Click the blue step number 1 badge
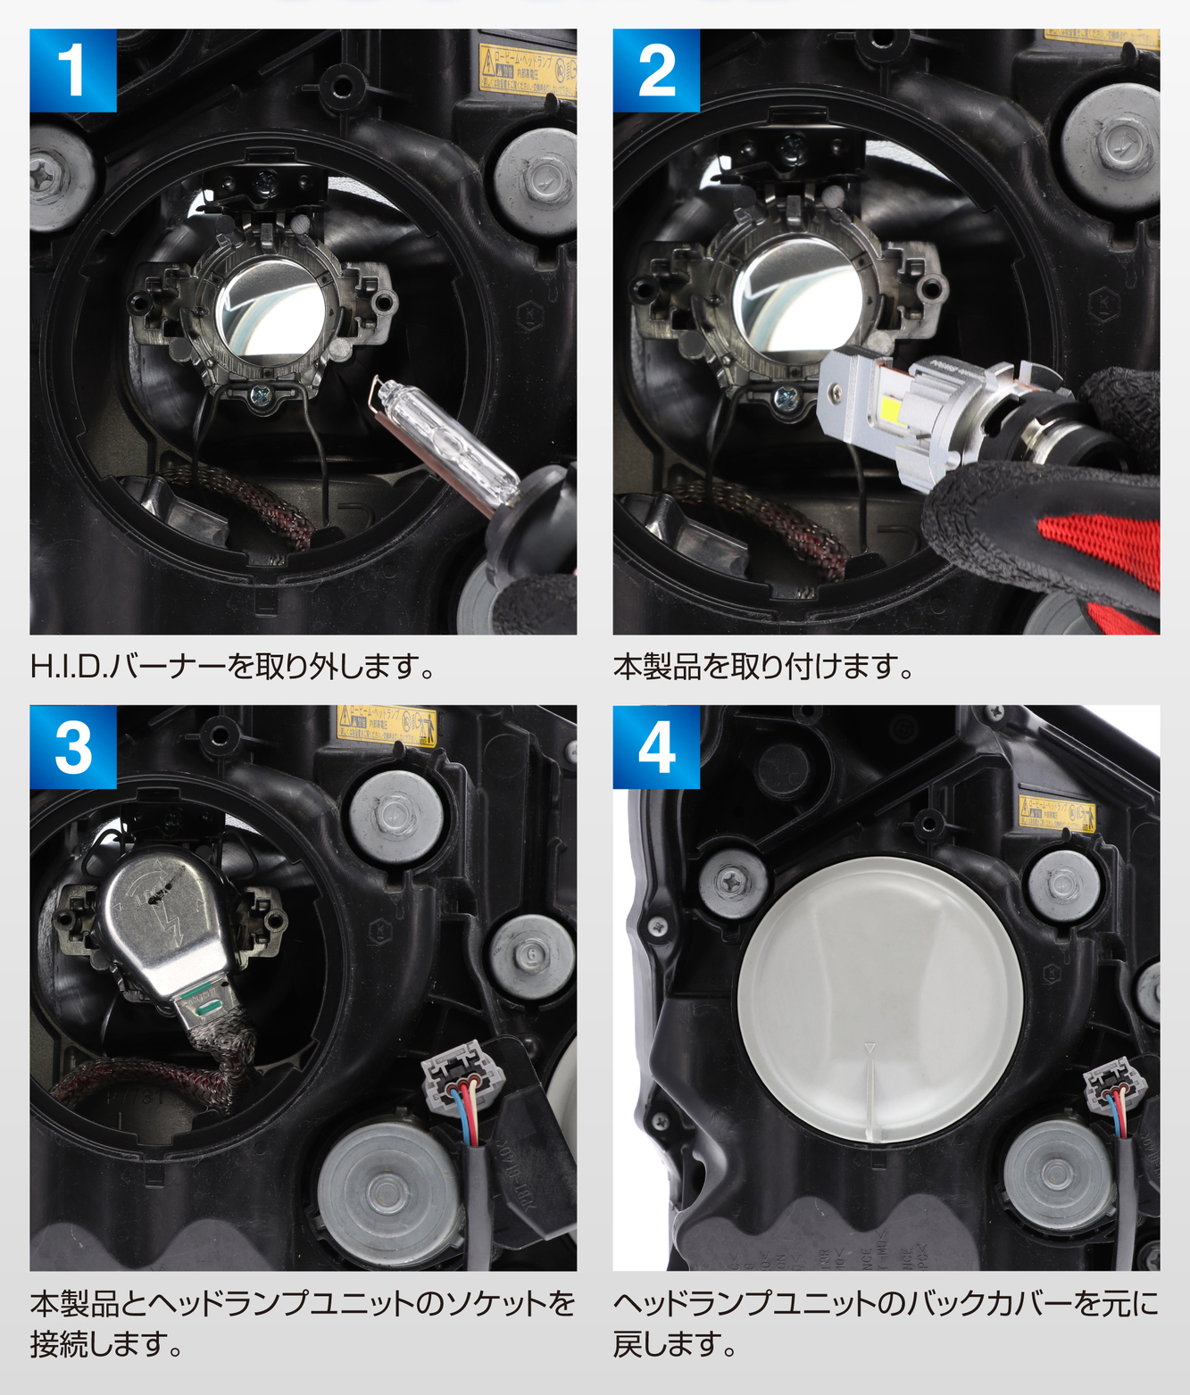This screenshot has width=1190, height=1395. [72, 71]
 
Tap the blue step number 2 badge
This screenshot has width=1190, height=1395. [656, 71]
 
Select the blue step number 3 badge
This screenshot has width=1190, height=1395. [72, 747]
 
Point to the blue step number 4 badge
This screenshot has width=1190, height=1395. [656, 747]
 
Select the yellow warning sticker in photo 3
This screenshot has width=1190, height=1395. [387, 724]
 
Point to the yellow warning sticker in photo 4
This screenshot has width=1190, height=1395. [1057, 812]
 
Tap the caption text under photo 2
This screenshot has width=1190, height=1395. [763, 667]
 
